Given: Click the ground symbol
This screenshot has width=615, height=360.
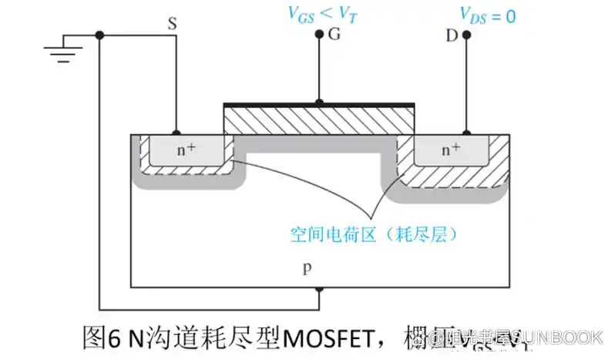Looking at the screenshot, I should click(62, 50).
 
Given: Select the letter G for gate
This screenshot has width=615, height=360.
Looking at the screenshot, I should click(334, 34).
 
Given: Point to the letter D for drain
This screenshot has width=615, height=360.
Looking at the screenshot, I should click(452, 35).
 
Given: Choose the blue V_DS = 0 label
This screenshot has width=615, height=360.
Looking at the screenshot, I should click(488, 14).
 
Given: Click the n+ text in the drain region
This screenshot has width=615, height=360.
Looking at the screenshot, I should click(451, 150).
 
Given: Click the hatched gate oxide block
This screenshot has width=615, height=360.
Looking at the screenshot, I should click(318, 121).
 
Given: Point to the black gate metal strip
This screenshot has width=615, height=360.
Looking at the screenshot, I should click(318, 104).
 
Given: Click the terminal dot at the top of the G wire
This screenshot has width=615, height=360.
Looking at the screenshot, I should click(319, 35).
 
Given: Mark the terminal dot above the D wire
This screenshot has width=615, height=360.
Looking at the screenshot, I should click(466, 35).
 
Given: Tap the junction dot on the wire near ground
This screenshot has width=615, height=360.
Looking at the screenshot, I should click(99, 35).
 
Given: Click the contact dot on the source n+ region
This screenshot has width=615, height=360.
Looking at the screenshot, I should click(176, 133).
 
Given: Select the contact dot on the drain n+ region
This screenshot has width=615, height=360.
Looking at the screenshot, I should click(466, 133).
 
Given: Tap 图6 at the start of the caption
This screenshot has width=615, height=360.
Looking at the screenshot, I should click(98, 335).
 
